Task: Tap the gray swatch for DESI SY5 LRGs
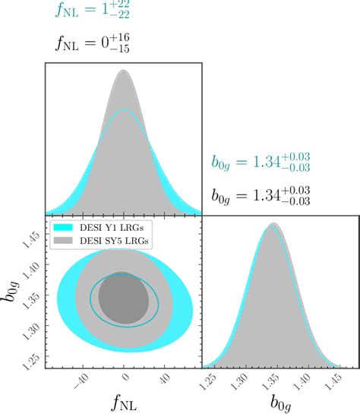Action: (x=63, y=240)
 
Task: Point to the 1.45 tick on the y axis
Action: (x=33, y=238)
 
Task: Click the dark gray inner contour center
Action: (x=124, y=299)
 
